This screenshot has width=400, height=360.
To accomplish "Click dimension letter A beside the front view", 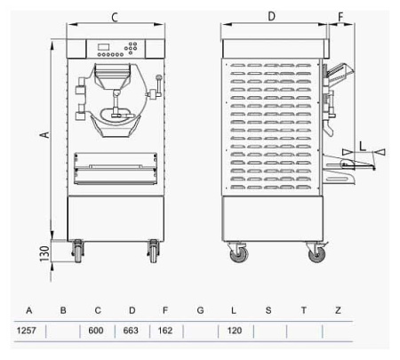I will coord(42,134).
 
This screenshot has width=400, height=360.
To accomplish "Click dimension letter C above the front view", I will coord(116,16).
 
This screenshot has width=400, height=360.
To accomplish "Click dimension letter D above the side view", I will coord(271,16).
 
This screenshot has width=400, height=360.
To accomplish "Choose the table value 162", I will coord(165,331).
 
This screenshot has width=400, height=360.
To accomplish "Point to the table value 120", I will coord(235,331).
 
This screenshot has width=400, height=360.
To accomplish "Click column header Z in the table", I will coord(338,310).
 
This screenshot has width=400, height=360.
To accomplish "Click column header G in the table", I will coord(200,310).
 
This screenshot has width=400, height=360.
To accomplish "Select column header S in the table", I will coord(268,310).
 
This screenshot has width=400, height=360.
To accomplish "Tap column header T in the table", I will coord(303,310).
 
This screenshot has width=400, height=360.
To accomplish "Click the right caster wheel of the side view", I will coord(316,254).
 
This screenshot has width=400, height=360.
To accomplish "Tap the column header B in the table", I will coord(63,310).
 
